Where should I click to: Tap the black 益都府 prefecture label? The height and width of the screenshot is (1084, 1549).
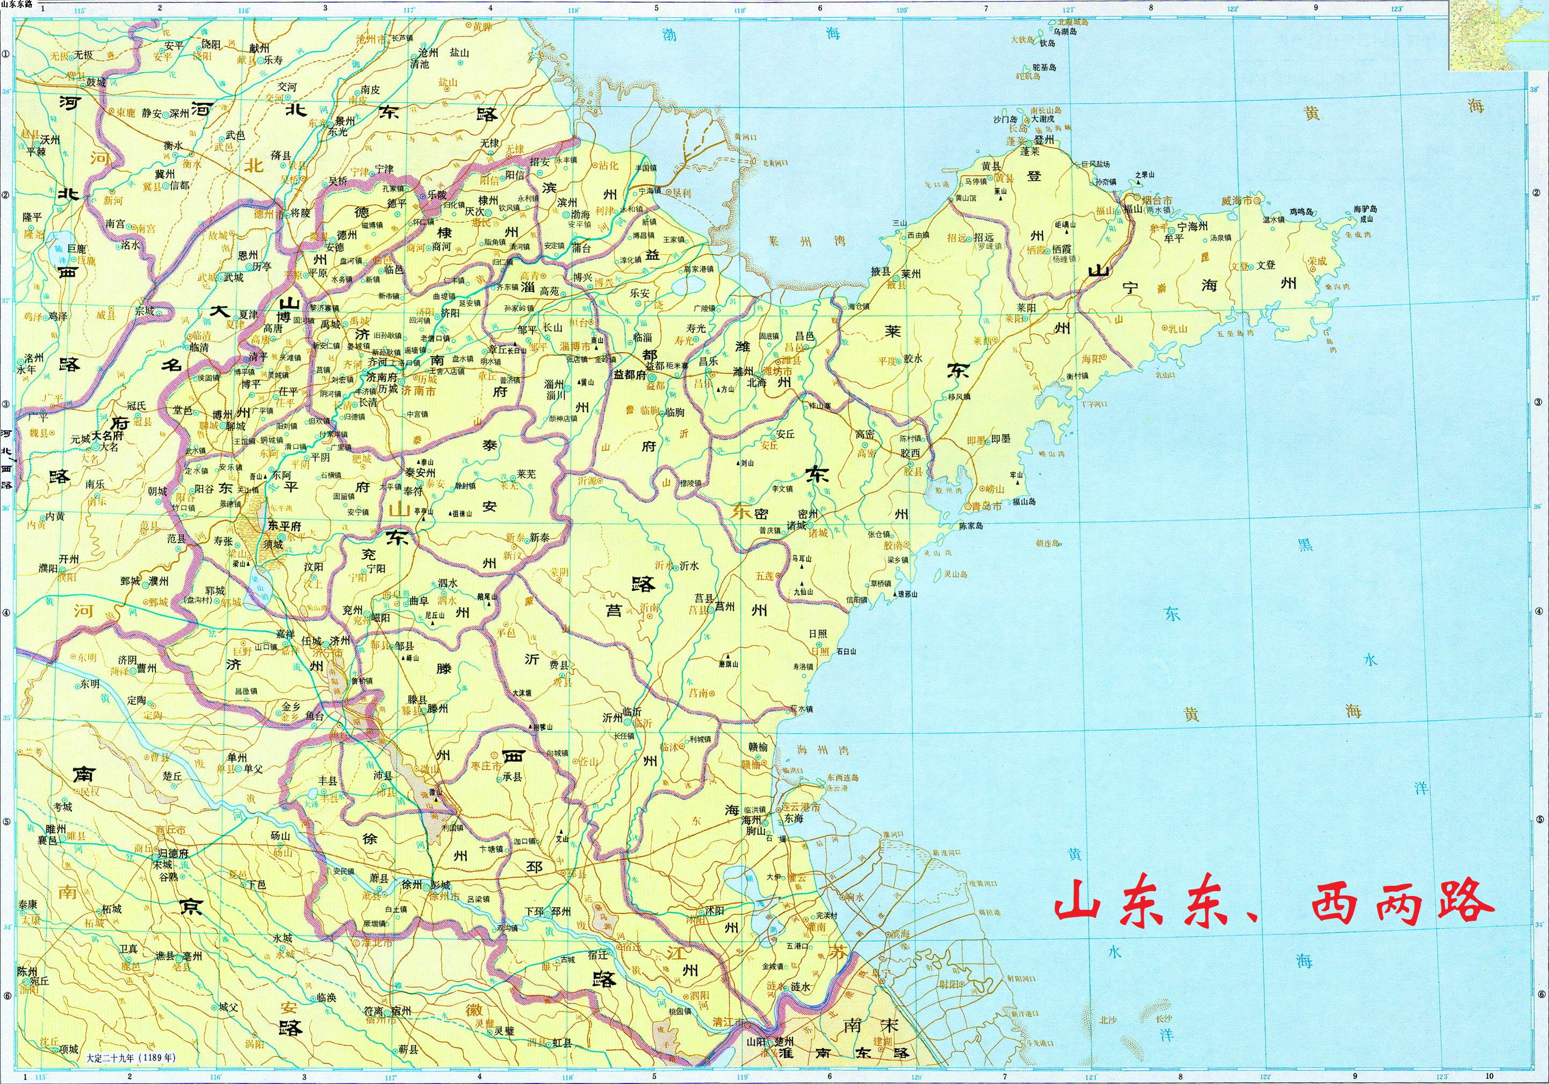tap(631, 375)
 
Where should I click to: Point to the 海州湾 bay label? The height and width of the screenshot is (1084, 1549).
tap(812, 749)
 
